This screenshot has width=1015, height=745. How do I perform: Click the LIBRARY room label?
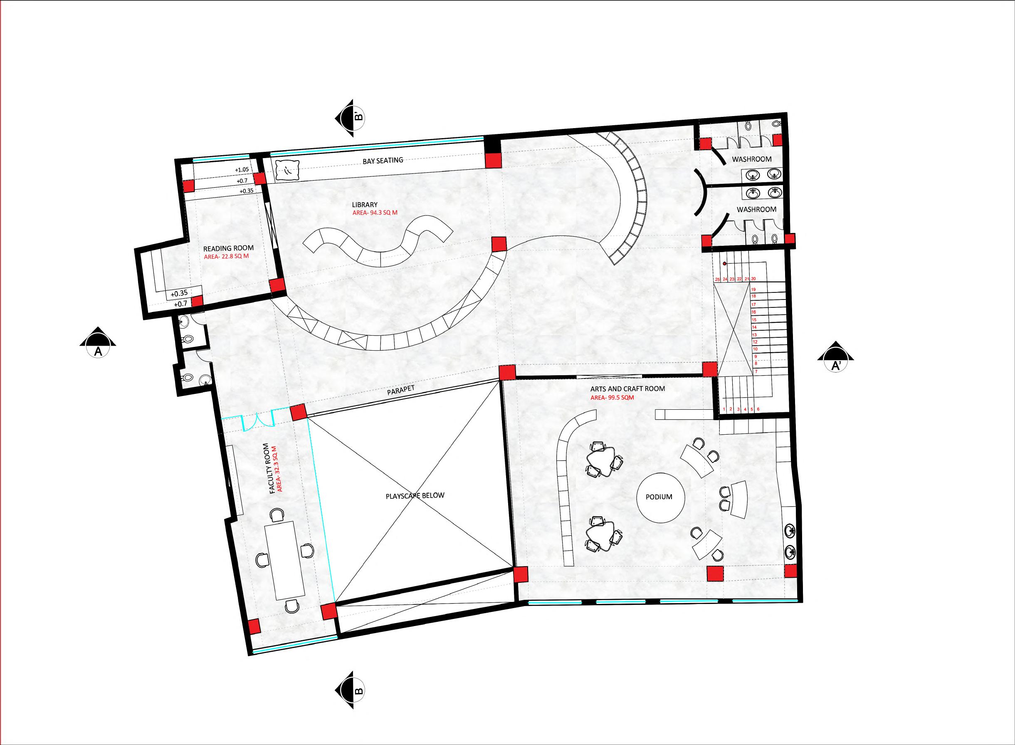coord(365,205)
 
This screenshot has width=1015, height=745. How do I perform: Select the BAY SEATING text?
coord(383,160)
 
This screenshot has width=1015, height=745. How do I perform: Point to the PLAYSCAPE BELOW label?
coord(415,495)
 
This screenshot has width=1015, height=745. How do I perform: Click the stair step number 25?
coord(718,279)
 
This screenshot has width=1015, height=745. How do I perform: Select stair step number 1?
coord(724,409)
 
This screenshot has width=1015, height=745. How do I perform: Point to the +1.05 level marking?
coord(242,170)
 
